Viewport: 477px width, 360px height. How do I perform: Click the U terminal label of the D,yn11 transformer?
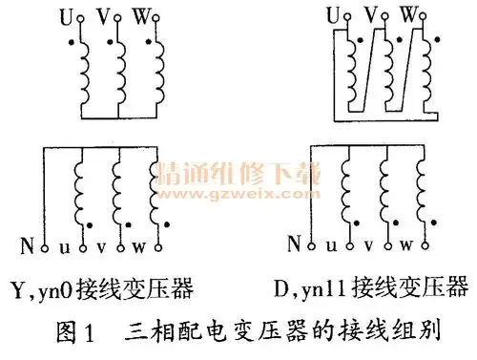point(333,15)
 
